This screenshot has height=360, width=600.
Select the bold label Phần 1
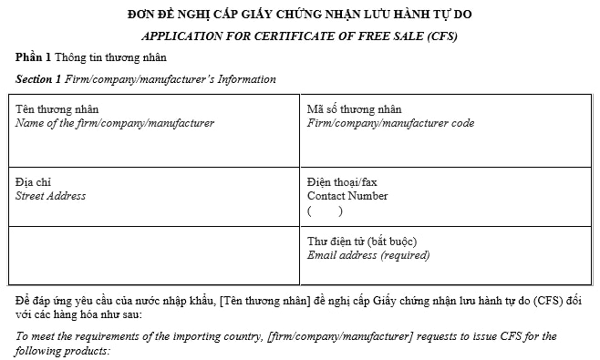(x=33, y=57)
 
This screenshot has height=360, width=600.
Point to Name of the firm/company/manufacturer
(x=115, y=123)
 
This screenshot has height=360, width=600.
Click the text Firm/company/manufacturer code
(x=390, y=123)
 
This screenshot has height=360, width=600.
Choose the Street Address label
(x=51, y=196)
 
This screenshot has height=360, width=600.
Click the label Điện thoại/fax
(x=342, y=182)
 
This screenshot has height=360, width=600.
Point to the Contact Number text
(x=347, y=196)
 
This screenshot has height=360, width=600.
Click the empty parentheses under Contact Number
(x=325, y=211)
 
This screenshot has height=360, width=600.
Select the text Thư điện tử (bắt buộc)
(x=362, y=242)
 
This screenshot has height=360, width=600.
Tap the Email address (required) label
(x=368, y=255)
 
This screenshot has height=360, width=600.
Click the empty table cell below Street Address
(x=154, y=255)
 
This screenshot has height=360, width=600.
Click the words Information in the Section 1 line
(x=244, y=79)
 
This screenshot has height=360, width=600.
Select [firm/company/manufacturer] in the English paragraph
(x=339, y=336)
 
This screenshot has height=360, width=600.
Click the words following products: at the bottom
(x=63, y=350)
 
